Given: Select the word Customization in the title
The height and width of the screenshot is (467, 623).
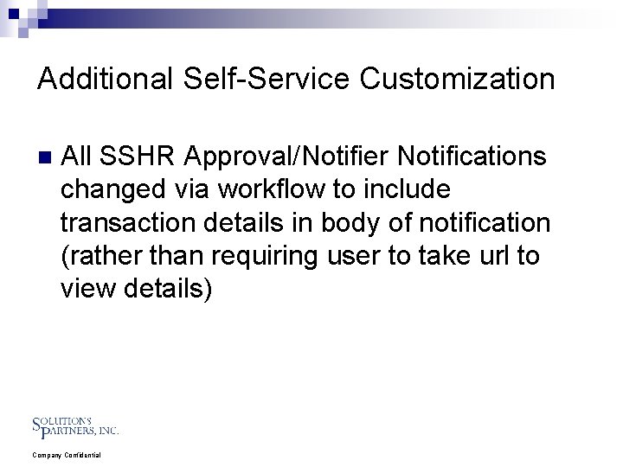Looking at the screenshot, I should click(453, 80).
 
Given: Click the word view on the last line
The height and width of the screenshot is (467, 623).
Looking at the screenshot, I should click(89, 289).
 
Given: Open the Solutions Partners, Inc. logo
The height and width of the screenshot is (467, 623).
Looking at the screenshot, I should click(74, 425).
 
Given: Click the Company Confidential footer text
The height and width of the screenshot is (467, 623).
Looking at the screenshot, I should click(67, 455).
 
